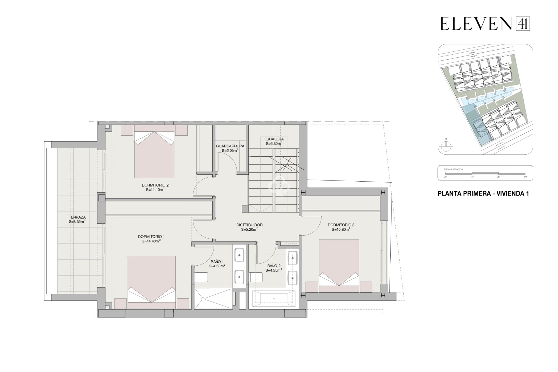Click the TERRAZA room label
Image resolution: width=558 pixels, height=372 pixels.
tap(77, 217)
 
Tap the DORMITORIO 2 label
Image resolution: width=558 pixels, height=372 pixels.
tap(155, 185)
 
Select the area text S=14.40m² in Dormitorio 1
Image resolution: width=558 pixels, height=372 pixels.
tap(151, 241)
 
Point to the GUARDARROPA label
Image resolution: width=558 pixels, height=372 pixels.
tap(230, 146)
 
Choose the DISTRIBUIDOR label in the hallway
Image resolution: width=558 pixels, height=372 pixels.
tap(249, 225)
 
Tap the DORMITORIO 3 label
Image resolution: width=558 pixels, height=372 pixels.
tap(341, 225)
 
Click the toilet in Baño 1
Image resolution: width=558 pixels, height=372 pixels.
tap(201, 277)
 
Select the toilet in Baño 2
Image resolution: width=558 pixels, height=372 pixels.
tap(256, 277)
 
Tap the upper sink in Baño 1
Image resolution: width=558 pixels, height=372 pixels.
tap(239, 255)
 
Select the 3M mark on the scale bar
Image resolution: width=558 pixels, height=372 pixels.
tap(525, 177)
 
